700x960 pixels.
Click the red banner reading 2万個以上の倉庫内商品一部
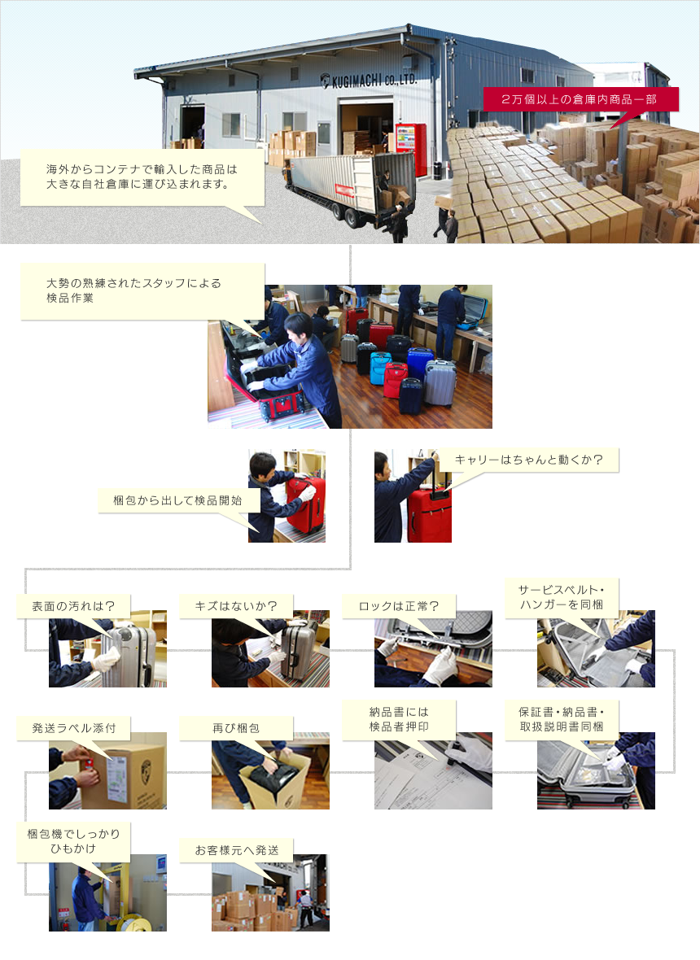pos(580,99)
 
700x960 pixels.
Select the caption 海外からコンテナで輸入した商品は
pos(142,169)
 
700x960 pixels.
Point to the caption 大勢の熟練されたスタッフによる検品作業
pos(133,290)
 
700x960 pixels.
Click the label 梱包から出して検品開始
pos(177,500)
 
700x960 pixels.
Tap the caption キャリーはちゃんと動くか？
pos(528,459)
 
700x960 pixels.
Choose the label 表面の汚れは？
pos(73,606)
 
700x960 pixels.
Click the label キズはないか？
pos(236,606)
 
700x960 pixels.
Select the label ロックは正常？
pos(399,606)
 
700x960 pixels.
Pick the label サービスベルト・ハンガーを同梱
pos(562,597)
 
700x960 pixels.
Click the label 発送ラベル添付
pos(73,728)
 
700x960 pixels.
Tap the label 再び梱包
pos(236,728)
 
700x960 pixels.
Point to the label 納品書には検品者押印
pos(399,718)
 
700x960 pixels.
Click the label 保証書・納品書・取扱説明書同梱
pos(562,718)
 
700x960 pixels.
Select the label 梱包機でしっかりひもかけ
pos(73,840)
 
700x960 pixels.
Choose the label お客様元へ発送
pos(236,850)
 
